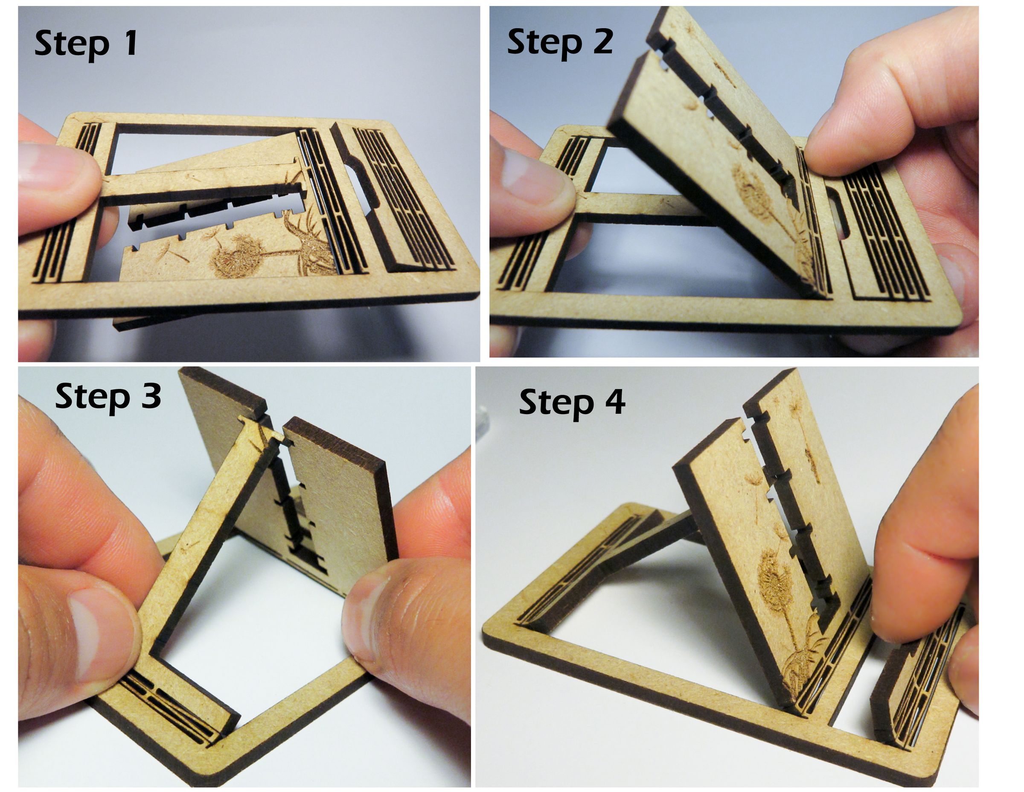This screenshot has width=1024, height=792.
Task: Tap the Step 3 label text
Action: [108, 398]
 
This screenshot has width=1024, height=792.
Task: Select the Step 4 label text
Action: [572, 403]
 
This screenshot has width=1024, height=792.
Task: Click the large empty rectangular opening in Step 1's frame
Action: [207, 146]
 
